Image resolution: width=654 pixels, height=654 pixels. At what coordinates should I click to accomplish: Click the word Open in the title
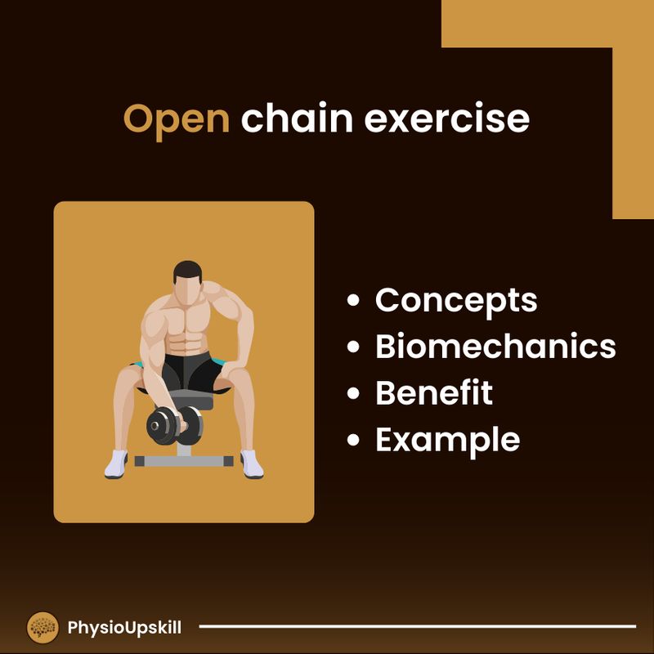click(176, 119)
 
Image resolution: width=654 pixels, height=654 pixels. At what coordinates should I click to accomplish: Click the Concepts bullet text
click(456, 301)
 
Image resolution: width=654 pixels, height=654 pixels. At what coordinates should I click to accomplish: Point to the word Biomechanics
click(495, 347)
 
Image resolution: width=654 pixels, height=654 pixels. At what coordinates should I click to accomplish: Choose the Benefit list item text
click(434, 393)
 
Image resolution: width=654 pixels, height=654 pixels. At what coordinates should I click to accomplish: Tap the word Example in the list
click(447, 440)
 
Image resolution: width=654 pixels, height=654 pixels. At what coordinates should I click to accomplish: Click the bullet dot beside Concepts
click(354, 301)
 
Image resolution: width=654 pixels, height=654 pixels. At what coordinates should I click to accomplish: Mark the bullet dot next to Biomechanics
click(354, 347)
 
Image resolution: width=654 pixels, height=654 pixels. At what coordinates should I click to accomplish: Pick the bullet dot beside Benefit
click(354, 394)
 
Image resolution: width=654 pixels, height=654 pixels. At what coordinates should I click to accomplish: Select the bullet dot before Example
click(354, 441)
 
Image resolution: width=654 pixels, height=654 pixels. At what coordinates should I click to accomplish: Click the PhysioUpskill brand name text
click(124, 628)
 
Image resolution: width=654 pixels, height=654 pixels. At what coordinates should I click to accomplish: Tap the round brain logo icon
click(43, 628)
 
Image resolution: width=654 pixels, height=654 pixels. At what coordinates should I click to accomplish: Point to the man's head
click(187, 281)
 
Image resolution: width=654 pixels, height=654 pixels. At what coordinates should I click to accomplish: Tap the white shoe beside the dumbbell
click(116, 464)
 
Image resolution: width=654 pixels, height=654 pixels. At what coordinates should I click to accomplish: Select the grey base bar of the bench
click(184, 461)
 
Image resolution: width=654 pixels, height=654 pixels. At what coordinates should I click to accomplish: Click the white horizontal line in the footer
click(417, 627)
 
